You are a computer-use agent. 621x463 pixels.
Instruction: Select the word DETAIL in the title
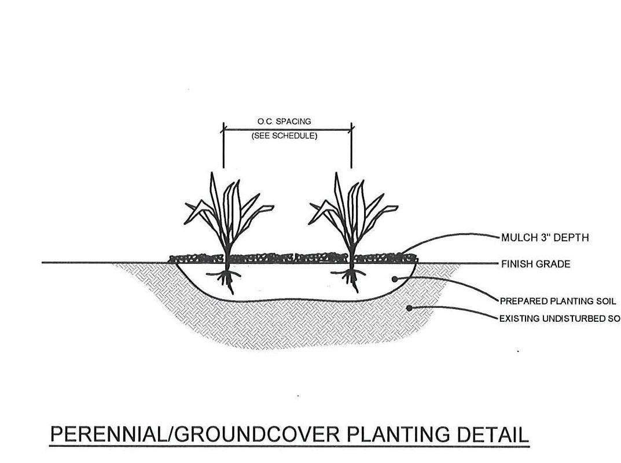click(496, 435)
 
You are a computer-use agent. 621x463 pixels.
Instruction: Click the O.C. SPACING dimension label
click(284, 122)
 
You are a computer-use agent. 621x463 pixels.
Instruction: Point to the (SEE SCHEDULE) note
click(284, 136)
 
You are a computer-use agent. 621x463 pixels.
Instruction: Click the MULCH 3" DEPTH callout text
click(545, 237)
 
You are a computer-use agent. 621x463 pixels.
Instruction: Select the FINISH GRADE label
click(535, 264)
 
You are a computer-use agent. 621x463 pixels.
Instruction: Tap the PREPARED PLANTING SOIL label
click(557, 301)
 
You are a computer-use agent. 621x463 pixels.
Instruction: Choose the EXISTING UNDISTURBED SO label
click(559, 318)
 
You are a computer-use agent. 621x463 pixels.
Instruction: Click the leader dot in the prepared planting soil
click(395, 279)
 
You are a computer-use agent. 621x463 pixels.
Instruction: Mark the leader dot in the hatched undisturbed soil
click(409, 308)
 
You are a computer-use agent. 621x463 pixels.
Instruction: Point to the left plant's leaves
click(226, 208)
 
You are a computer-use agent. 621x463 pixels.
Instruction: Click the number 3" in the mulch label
click(539, 237)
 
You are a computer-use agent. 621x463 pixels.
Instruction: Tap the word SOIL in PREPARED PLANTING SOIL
click(604, 301)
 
